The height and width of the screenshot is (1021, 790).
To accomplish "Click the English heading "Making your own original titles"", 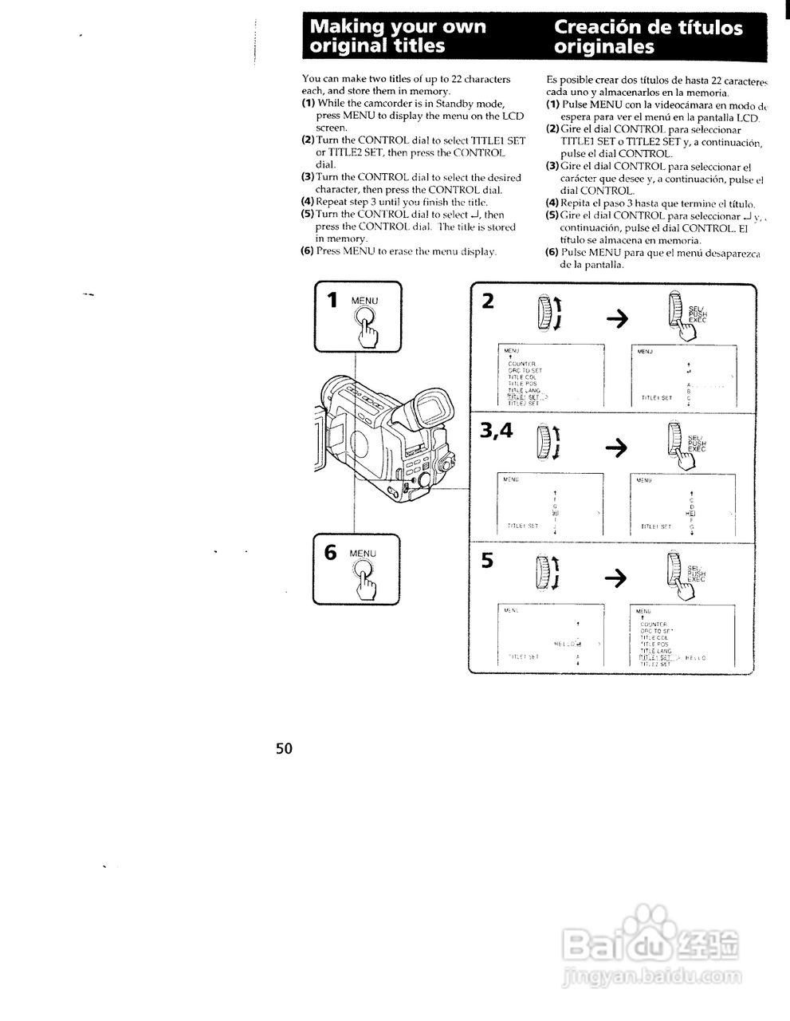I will (398, 37).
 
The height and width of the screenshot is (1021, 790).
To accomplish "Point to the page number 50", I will (285, 748).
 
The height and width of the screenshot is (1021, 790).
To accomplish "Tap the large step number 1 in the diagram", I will (332, 301).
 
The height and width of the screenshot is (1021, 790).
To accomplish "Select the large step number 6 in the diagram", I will (330, 553).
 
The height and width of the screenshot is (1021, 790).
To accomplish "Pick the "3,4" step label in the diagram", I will (496, 431).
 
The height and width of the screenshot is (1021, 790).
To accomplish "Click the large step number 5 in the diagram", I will (488, 561).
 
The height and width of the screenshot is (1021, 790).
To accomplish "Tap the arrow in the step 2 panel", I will (617, 318).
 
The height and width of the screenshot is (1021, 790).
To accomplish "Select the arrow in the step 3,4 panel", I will (617, 448).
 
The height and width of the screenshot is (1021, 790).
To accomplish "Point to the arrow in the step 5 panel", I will (617, 578).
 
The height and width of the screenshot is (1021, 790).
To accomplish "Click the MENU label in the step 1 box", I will (365, 301).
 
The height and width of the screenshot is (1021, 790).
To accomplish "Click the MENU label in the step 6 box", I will (363, 553).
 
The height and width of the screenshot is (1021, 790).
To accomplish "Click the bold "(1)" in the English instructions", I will (308, 104).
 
